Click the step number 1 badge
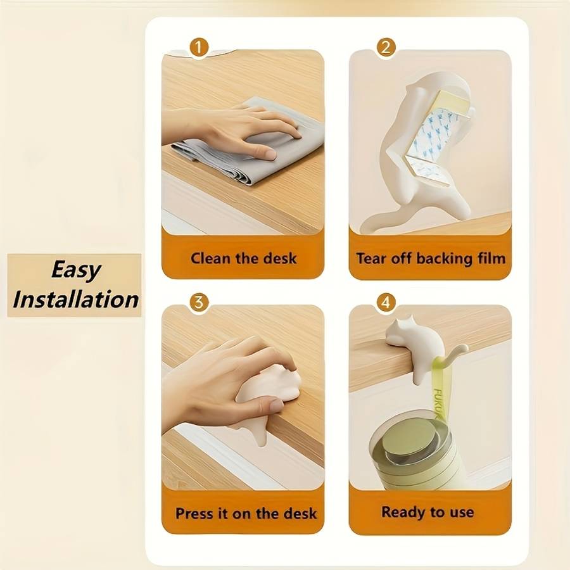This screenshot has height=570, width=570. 198,47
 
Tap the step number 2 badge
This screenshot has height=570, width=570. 386,47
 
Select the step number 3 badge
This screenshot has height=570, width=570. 199,303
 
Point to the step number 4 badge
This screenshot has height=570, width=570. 386,303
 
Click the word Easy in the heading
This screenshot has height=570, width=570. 75,270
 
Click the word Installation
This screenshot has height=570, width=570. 75,300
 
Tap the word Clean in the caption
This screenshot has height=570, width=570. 210,258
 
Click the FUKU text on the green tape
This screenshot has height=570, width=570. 438,403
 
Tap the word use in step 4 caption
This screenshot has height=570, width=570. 462,512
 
